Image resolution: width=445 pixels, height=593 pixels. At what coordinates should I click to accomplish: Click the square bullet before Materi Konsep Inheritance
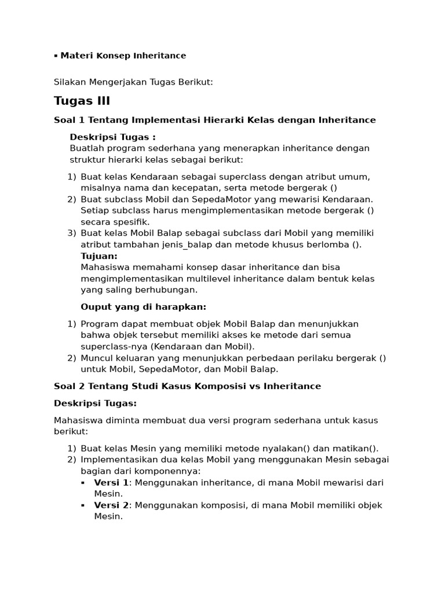click(56, 56)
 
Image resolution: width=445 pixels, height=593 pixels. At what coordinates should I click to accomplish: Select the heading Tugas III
click(82, 101)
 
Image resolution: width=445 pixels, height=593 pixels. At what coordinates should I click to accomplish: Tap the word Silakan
click(70, 82)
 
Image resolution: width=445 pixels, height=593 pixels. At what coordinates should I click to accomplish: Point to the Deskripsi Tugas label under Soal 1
click(112, 137)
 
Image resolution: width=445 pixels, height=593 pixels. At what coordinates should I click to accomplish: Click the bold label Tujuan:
click(99, 256)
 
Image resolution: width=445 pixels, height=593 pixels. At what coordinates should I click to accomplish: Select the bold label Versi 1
click(111, 482)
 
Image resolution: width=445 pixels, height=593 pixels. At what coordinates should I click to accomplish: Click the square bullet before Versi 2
click(83, 505)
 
